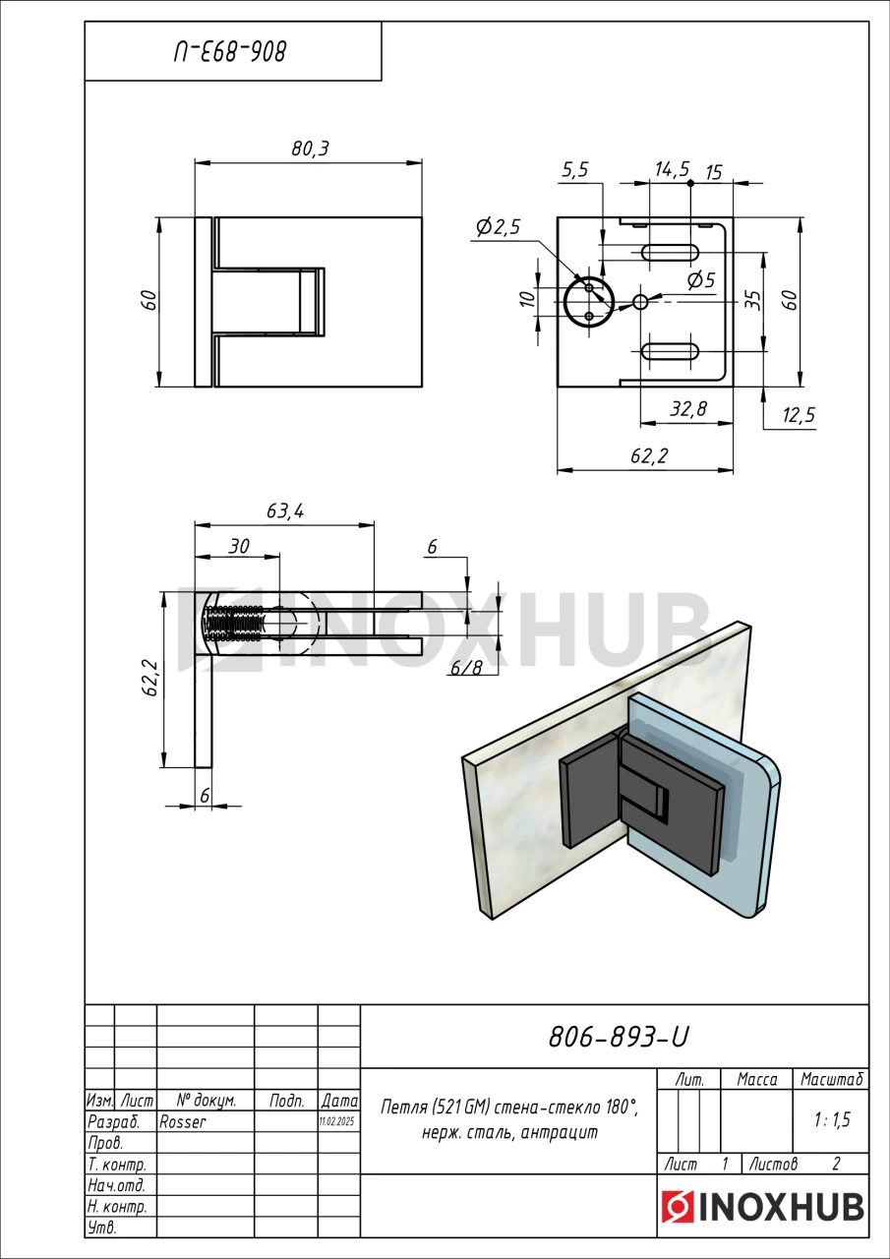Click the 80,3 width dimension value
310,149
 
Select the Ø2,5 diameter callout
498,227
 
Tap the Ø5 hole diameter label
701,279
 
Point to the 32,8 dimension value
688,408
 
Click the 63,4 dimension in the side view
285,510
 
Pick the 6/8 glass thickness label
466,668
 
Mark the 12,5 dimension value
799,415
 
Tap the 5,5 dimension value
574,170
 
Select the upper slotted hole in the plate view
670,253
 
